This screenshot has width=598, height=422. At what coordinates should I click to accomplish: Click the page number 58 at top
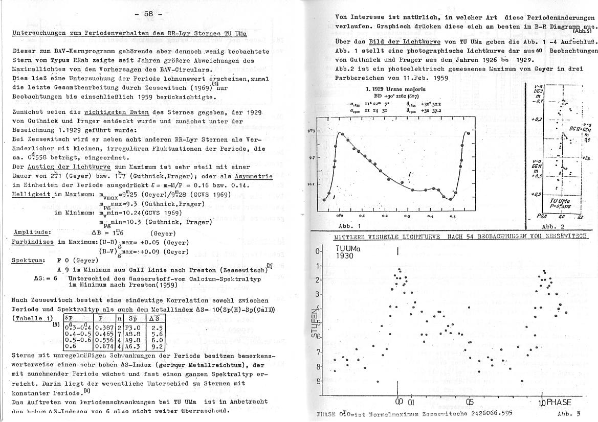pyautogui.click(x=149, y=14)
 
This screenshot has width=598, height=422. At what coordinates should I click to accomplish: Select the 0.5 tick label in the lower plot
pyautogui.click(x=470, y=402)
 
